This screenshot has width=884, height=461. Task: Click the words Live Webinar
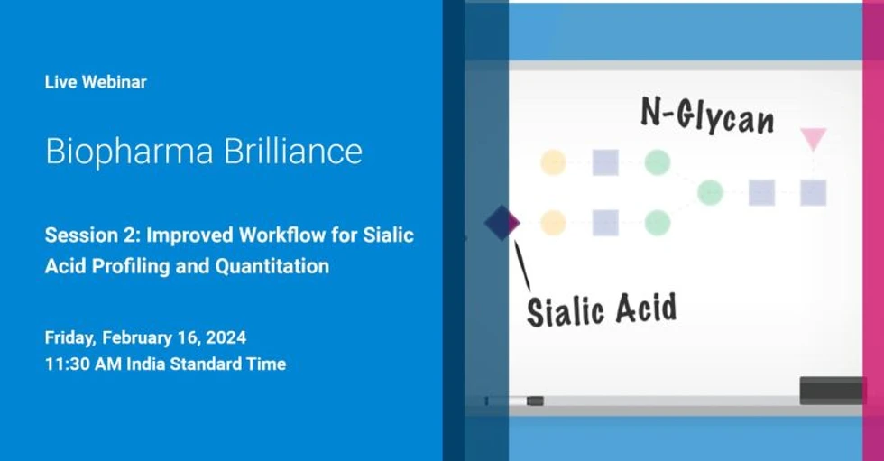coord(96,82)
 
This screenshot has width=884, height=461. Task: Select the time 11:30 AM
coord(83,364)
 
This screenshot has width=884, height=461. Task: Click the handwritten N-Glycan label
coord(707,116)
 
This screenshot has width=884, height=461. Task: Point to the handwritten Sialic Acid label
coord(602,309)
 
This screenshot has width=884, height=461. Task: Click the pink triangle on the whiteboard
coord(813,138)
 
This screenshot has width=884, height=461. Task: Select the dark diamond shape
coord(502,222)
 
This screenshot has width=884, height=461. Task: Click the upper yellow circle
coord(553,162)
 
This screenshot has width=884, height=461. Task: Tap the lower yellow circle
coord(553,222)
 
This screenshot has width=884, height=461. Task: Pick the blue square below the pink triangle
coord(813,192)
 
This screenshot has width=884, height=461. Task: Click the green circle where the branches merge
coord(710,192)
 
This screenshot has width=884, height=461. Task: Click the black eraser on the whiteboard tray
coord(831,390)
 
